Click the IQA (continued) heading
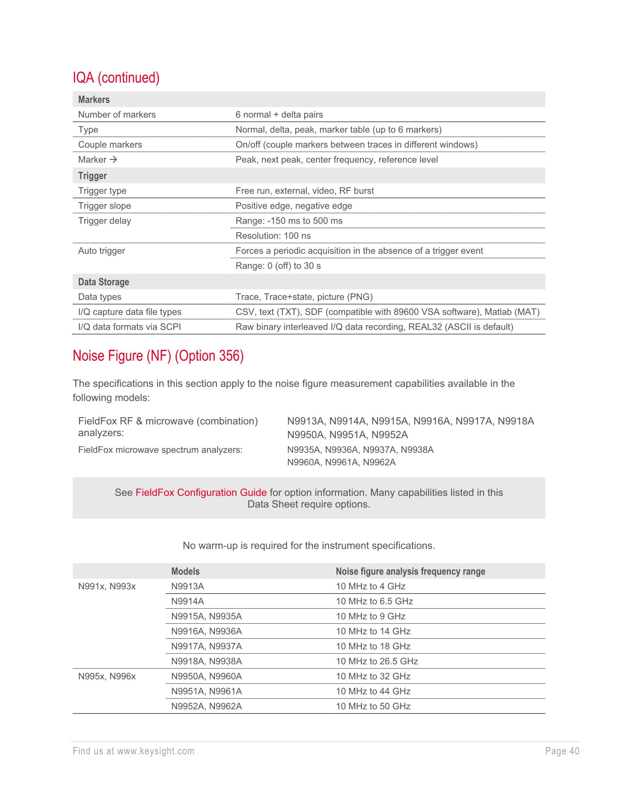pos(116,78)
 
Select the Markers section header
pos(94,100)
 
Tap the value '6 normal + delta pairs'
pos(279,115)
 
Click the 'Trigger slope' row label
pos(104,206)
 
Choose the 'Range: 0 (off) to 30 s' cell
pos(278,266)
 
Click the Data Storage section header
pos(104,282)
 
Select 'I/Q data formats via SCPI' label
pos(129,327)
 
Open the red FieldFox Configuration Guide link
pos(201,492)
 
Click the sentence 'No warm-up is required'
pos(309,546)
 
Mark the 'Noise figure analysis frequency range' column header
pos(410,571)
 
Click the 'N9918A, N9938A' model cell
pos(207,661)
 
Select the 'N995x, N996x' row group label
pos(107,677)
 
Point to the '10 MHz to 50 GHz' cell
pos(373,706)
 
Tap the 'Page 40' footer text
pos(562,751)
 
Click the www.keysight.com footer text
pos(155,751)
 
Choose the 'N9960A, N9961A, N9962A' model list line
pos(341,462)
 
